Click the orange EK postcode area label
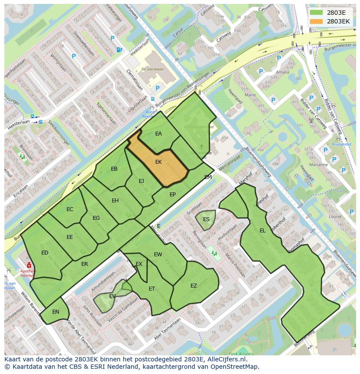[x=159, y=162]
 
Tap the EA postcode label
[x=159, y=134]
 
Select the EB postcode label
[x=114, y=169]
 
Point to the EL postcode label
[x=262, y=231]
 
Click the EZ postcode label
[x=194, y=285]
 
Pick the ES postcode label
[x=206, y=219]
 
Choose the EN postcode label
[x=56, y=312]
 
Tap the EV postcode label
[x=112, y=296]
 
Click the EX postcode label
[x=139, y=264]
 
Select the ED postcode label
[x=45, y=253]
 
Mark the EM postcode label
[x=208, y=177]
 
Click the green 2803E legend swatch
[x=316, y=12]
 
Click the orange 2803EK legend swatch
[x=316, y=21]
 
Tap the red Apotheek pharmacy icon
[x=29, y=265]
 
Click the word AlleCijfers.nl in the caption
[x=226, y=360]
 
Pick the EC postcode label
[x=70, y=209]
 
